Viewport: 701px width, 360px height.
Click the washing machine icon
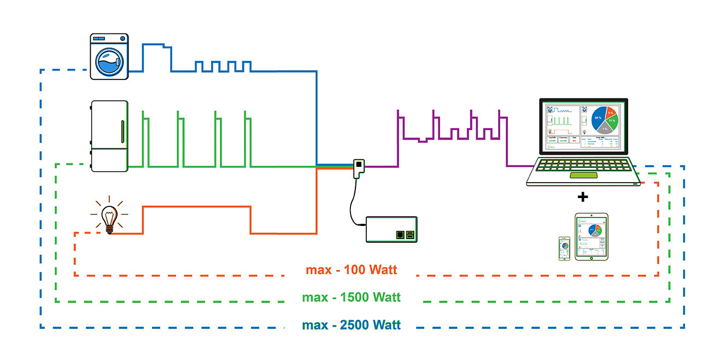(109, 57)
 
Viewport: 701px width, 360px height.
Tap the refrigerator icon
(110, 136)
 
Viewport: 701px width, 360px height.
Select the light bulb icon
(109, 215)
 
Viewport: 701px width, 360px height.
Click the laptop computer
(583, 142)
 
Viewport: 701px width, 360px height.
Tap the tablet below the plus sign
(591, 236)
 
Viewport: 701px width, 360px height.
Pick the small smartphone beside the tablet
(564, 248)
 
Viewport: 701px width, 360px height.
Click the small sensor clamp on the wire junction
(359, 167)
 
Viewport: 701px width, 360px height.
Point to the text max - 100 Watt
(351, 270)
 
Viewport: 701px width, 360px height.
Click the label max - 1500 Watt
(351, 298)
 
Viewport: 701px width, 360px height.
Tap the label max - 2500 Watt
(351, 326)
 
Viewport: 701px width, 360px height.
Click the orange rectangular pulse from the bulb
(197, 207)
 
